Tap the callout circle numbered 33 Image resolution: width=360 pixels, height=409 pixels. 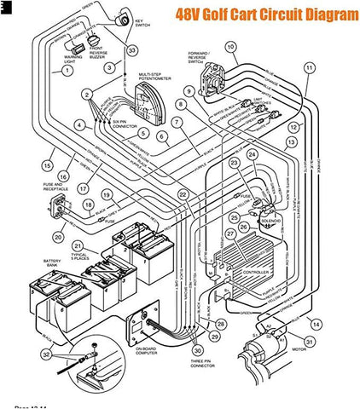[131, 50]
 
